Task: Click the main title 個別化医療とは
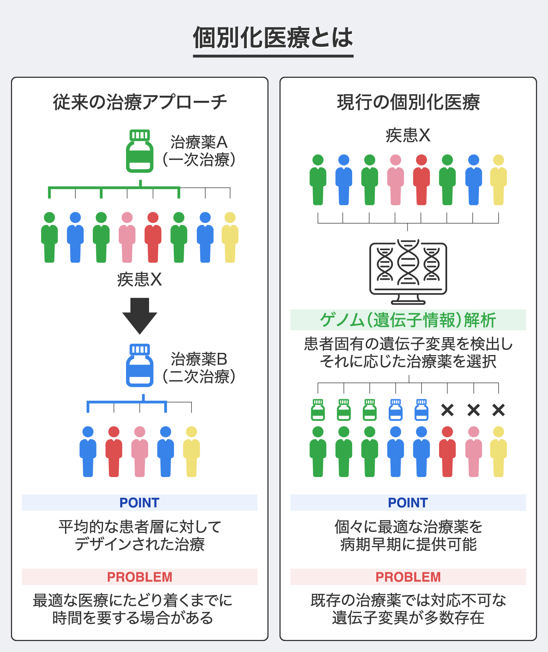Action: [x=273, y=38]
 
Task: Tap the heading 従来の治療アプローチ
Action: [x=140, y=102]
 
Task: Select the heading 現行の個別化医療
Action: [x=408, y=102]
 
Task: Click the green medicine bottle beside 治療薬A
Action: [x=140, y=151]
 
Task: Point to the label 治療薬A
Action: [x=199, y=142]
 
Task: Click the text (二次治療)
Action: [x=199, y=377]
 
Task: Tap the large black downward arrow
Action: [x=140, y=315]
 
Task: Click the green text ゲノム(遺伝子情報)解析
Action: [x=408, y=320]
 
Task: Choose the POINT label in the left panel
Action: [x=140, y=503]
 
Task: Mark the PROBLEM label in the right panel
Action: [x=408, y=577]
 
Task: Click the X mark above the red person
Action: [x=447, y=410]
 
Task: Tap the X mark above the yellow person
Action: [x=498, y=410]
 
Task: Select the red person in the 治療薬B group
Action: [x=114, y=452]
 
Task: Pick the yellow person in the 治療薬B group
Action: [x=191, y=452]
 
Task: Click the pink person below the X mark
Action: [x=473, y=452]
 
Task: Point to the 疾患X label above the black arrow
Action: [x=140, y=280]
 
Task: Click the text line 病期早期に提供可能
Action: [x=408, y=545]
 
